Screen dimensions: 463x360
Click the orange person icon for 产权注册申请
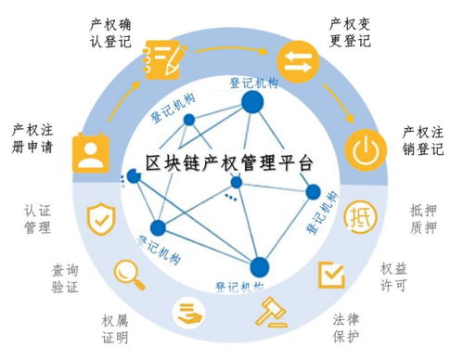[x=90, y=153]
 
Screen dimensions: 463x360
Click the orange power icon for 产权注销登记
[x=365, y=148]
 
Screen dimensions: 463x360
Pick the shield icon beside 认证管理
[x=100, y=220]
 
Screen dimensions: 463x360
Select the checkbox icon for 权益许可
[x=331, y=273]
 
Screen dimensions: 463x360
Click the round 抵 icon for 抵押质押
[x=360, y=219]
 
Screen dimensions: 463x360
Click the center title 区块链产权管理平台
[x=230, y=162]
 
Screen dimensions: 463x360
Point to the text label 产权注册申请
[x=32, y=140]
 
